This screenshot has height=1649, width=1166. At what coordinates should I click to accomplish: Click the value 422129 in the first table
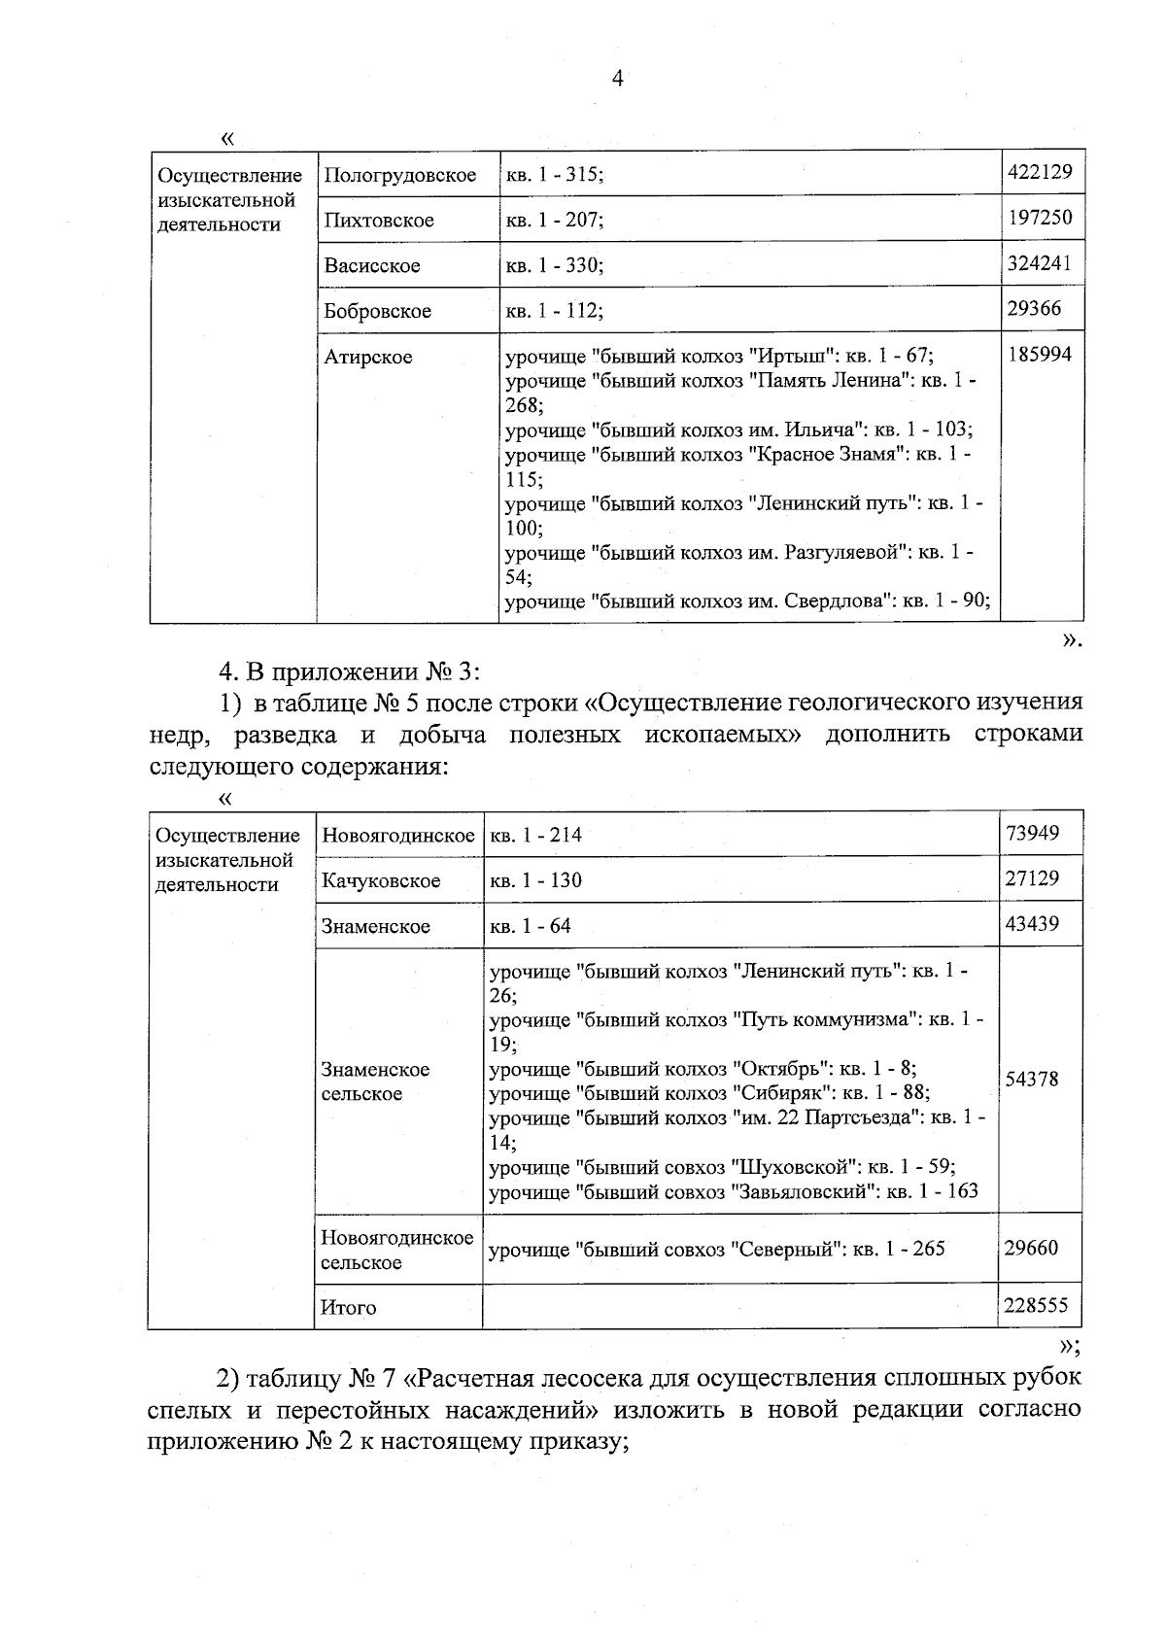(1040, 172)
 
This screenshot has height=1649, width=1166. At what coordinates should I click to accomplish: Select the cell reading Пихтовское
(379, 221)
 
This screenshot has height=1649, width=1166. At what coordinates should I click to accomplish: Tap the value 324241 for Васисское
(1040, 263)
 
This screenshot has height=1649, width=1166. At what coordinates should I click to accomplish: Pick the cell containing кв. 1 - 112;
(554, 311)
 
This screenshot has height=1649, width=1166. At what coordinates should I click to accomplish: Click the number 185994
(1040, 355)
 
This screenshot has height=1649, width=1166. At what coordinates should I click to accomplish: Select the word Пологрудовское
(399, 176)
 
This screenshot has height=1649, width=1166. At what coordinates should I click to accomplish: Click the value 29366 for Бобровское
(1034, 308)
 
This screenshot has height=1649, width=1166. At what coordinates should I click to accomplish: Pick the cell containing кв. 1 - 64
(530, 926)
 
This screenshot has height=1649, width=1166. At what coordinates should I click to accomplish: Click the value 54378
(1032, 1079)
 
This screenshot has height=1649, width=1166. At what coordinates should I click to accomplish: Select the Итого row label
(349, 1308)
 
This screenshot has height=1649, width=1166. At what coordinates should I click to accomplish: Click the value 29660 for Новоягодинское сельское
(1031, 1248)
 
